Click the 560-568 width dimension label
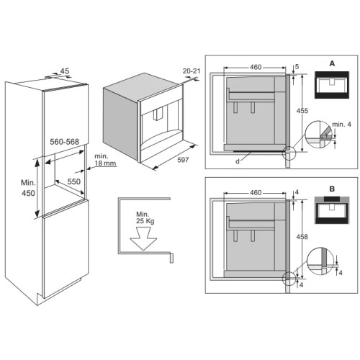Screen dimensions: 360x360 [x=64, y=142]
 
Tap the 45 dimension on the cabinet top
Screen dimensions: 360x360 [x=65, y=71]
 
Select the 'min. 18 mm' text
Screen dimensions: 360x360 [x=105, y=160]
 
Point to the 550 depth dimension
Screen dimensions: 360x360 [x=73, y=181]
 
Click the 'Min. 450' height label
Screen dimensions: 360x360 [x=28, y=188]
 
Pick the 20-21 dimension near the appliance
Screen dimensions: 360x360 [x=192, y=71]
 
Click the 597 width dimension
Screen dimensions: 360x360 [x=183, y=160]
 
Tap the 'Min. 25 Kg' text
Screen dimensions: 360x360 [x=145, y=217]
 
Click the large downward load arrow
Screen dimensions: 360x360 [x=143, y=238]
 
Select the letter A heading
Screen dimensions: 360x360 [x=332, y=63]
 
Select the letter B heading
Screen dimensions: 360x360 [x=332, y=189]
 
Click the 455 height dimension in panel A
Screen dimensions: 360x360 [x=302, y=111]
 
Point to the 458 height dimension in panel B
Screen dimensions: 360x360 [x=302, y=237]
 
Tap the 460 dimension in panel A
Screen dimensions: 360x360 [x=256, y=67]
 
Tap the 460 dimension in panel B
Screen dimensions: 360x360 [x=256, y=192]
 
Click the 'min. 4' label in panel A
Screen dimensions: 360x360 [x=341, y=125]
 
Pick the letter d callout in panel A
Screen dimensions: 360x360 [x=238, y=161]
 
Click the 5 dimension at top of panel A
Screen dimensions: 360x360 [x=297, y=66]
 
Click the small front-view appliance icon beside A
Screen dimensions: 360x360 [x=332, y=85]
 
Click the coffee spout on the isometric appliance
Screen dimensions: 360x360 [x=158, y=114]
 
